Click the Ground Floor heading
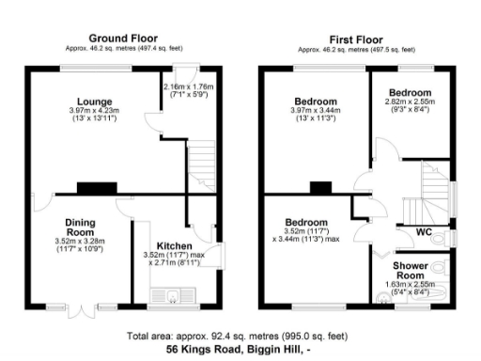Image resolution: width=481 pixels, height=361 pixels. click(x=122, y=38)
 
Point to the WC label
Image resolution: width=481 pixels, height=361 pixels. click(x=410, y=230)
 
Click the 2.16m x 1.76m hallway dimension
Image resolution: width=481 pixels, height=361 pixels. click(x=188, y=86)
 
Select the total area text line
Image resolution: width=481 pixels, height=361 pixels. click(x=240, y=335)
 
